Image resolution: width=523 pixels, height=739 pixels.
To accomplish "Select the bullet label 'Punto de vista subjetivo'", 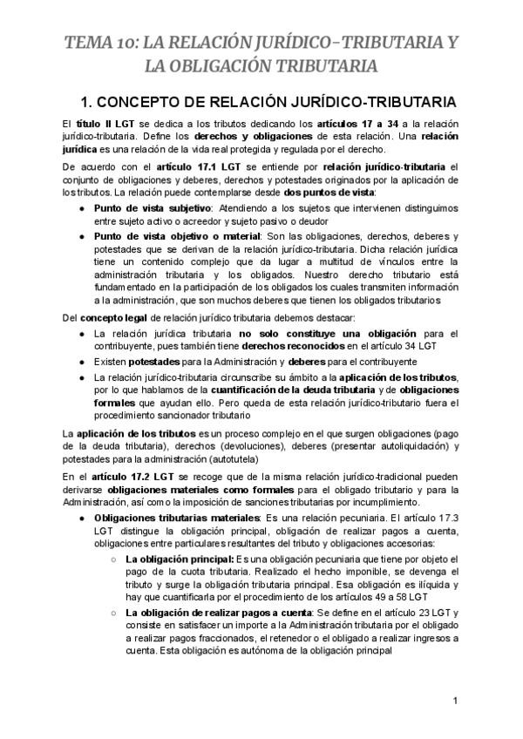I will [x=152, y=208].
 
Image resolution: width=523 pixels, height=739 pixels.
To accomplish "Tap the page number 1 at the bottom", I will [x=455, y=702].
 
